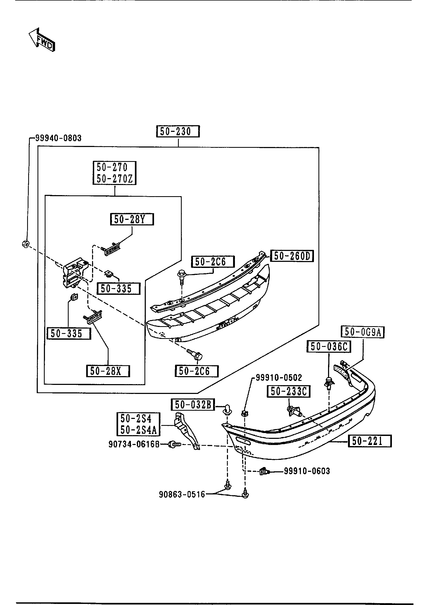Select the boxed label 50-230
coord(178,132)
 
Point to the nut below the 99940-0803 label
coord(26,243)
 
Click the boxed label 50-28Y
coord(132,220)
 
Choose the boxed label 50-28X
coord(108,371)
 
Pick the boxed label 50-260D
coord(292,256)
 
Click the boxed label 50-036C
coord(329,347)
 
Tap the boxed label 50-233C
coord(289,392)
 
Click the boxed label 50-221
coord(370,441)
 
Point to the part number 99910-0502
coord(279,377)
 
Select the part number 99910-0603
coord(307,471)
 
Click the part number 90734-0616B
coord(134,444)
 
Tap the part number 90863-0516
coord(182,494)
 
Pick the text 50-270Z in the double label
coord(114,179)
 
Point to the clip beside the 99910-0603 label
coord(264,472)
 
